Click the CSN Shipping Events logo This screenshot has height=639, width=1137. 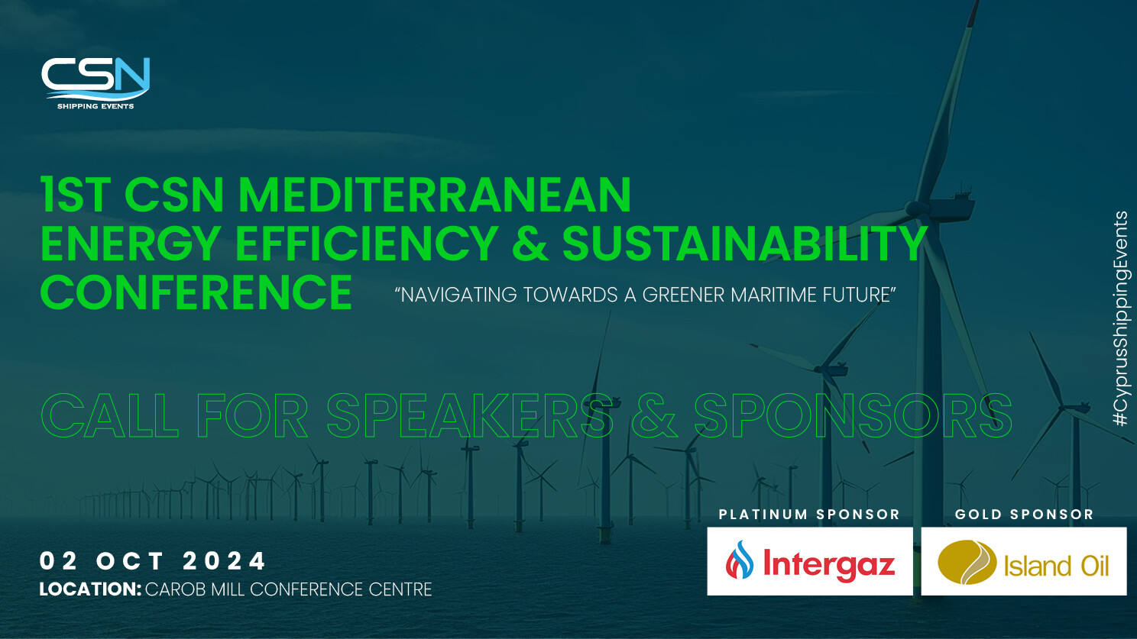coord(96,82)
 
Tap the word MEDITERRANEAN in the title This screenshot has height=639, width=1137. coord(435,195)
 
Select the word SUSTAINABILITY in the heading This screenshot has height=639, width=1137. coord(745,244)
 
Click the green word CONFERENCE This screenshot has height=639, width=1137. coord(196,292)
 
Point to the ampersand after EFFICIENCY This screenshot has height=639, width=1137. coord(530,244)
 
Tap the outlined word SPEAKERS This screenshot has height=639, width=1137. coord(469,415)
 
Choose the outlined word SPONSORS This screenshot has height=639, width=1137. coord(853,415)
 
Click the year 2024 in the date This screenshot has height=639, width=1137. coord(224,561)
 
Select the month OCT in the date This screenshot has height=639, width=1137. coord(130,561)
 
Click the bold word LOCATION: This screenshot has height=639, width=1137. coord(90,589)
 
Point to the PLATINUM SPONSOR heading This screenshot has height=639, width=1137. coord(809,515)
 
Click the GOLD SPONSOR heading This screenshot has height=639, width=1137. coord(1025,515)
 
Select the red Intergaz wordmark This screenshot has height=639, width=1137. coord(829,564)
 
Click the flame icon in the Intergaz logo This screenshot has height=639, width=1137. coord(740,560)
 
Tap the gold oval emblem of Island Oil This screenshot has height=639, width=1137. coord(967,563)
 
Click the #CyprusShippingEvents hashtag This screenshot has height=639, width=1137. coord(1121,318)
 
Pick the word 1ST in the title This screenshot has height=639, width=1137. coord(76,195)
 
